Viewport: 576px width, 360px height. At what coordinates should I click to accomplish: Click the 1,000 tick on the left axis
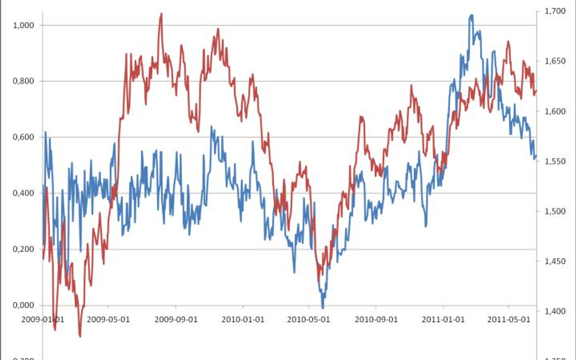coord(25,25)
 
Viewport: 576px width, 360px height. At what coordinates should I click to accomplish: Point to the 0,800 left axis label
coord(25,81)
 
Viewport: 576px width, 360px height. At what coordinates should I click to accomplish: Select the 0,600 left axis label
coord(25,137)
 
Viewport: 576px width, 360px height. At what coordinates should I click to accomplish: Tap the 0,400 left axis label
coord(25,194)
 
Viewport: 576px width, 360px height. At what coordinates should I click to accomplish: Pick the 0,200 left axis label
coord(25,250)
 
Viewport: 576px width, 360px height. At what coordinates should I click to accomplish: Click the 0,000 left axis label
coord(25,305)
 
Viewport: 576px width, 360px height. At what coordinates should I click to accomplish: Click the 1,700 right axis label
coord(555,12)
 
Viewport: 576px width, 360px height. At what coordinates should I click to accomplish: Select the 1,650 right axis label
coord(555,61)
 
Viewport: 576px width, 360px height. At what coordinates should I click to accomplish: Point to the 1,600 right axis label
coord(555,112)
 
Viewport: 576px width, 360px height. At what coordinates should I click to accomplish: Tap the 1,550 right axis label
coord(555,161)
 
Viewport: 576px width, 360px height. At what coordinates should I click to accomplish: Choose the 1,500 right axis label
coord(555,212)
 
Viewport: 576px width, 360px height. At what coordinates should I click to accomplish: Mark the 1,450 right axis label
coord(555,262)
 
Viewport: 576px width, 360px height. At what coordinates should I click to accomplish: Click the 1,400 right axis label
coord(555,311)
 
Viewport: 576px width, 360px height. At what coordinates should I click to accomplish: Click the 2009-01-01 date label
coord(43,319)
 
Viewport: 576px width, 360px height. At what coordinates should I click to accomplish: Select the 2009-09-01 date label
coord(177,319)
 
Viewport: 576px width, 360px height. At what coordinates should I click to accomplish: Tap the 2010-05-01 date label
coord(309,319)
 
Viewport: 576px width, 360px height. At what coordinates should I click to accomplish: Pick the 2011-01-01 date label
coord(443,319)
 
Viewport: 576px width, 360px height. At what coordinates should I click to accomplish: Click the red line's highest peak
coord(161,13)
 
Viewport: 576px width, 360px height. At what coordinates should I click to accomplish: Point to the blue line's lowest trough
coord(323,308)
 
